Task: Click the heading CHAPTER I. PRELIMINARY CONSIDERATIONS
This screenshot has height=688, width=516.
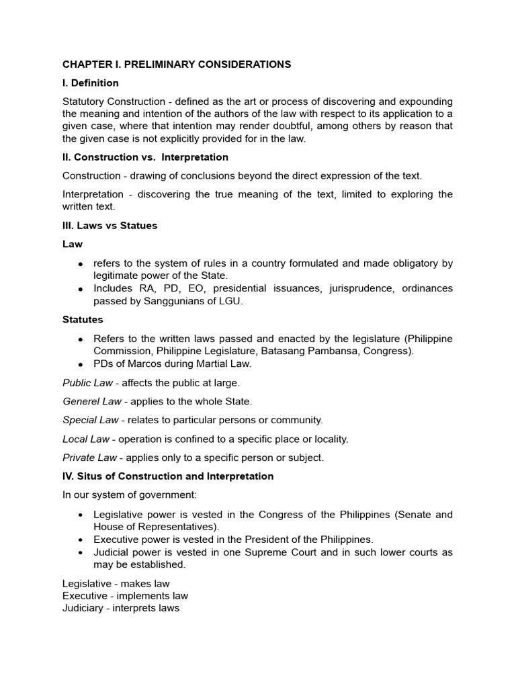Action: point(177,64)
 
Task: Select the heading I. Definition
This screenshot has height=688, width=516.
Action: point(91,83)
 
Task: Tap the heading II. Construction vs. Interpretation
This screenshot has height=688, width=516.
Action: point(145,157)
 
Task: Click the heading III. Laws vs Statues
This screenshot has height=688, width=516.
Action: point(110,226)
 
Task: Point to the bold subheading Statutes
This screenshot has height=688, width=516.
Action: point(83,319)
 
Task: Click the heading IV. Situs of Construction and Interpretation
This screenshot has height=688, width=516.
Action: point(168,476)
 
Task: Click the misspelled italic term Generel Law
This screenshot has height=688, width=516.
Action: point(92,401)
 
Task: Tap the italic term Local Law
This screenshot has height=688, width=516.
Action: point(86,439)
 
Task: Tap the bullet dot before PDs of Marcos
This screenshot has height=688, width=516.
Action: point(81,364)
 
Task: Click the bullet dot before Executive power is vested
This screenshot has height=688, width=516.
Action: point(81,540)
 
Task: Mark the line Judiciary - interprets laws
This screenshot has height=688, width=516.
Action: point(121,608)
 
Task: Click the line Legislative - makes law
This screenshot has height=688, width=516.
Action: point(116,584)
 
